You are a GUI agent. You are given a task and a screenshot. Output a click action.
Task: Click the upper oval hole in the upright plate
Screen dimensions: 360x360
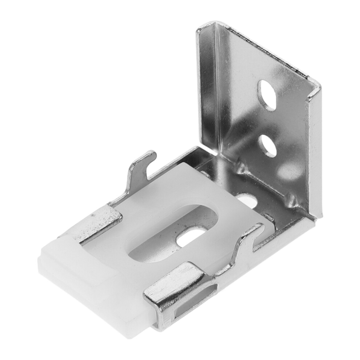266,94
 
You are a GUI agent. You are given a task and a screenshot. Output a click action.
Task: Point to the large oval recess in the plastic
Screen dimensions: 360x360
171,236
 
